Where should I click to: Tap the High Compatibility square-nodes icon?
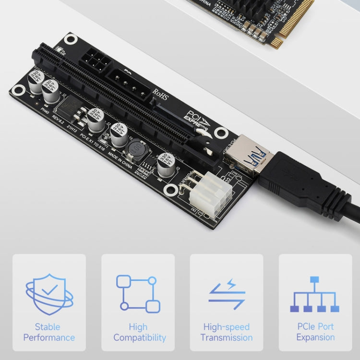(138, 294)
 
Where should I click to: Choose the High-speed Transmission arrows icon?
(227, 294)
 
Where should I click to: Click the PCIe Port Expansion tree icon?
(315, 294)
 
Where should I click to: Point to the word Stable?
(48, 327)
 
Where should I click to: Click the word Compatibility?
(140, 338)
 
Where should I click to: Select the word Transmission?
(227, 338)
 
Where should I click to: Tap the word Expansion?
(315, 337)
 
